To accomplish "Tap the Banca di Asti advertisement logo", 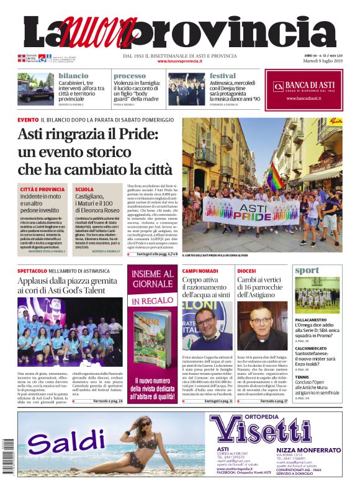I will point(305,86).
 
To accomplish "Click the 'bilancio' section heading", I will point(73,76).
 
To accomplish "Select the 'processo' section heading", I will point(130,76).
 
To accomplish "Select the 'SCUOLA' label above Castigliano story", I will point(84,189).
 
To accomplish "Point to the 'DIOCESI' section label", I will point(246,271).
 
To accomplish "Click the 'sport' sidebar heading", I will point(307,271).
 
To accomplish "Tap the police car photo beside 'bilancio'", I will point(36,88).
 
